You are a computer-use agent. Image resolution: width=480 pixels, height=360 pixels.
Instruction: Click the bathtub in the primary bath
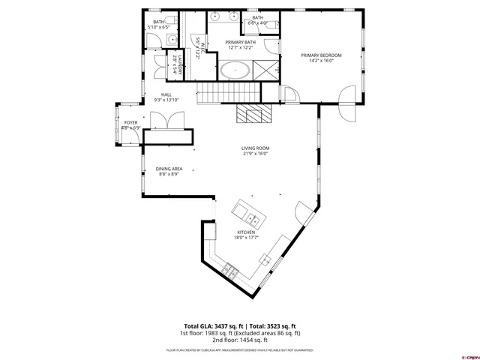coord(235,71)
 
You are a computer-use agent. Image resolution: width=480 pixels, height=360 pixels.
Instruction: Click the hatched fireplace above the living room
coord(250,113)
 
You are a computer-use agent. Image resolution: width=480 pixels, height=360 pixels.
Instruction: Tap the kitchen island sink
coord(253,220)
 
